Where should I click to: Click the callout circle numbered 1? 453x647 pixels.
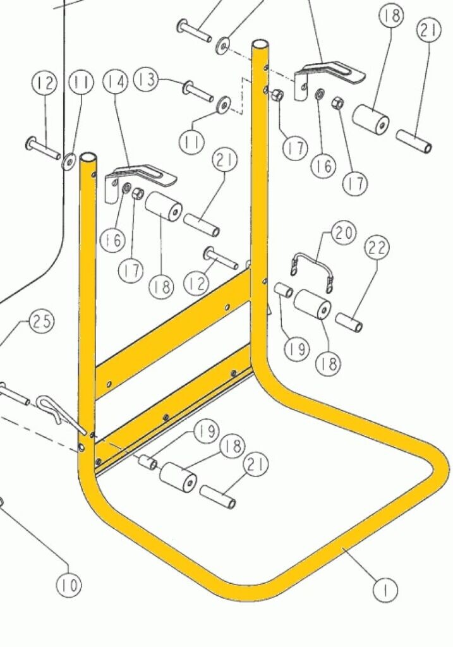385,590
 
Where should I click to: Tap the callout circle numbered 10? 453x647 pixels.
69,584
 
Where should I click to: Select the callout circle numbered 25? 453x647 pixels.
42,320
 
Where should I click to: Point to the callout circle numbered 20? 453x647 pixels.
344,233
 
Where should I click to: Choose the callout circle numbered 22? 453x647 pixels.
377,248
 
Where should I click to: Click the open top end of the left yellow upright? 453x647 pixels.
89,158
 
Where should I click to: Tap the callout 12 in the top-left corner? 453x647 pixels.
44,83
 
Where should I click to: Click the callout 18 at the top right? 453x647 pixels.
390,16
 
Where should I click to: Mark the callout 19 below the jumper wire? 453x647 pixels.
297,349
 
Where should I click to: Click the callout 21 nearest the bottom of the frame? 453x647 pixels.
256,465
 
